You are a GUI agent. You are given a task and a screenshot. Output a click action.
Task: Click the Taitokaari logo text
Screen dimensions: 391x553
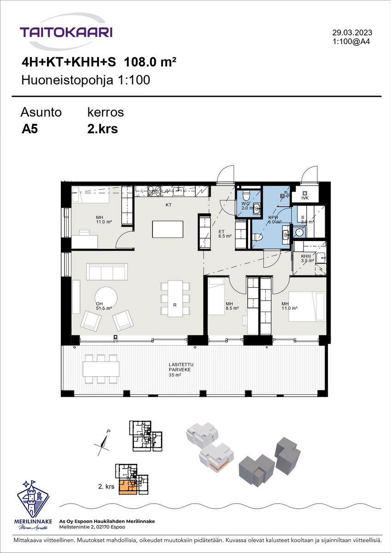66,32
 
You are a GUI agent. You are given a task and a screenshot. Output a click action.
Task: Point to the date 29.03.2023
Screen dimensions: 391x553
352,32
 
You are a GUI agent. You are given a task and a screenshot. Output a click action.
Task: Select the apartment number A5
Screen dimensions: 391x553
29,129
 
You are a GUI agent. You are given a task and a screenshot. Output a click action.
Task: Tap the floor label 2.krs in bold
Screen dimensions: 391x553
102,129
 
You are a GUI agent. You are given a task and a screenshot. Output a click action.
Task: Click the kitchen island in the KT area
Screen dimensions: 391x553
168,229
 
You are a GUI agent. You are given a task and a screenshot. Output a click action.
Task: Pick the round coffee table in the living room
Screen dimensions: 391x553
106,298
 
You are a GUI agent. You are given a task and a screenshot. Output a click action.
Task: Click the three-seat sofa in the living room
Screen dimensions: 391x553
107,271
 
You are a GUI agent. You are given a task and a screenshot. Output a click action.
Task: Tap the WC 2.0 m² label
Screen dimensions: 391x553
248,206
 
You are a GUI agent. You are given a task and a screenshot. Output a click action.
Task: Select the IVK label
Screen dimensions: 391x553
305,198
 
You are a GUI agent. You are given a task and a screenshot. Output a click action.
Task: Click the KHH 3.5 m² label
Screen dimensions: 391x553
307,258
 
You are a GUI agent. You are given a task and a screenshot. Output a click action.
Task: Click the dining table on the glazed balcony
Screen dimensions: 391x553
101,369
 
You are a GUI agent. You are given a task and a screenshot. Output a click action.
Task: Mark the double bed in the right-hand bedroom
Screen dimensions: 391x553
307,306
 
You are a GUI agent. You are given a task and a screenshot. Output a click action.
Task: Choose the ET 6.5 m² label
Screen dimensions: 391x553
225,234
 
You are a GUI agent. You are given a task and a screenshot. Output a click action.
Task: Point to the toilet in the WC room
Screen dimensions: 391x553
246,196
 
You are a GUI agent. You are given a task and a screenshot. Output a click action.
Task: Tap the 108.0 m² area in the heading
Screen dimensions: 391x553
150,62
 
